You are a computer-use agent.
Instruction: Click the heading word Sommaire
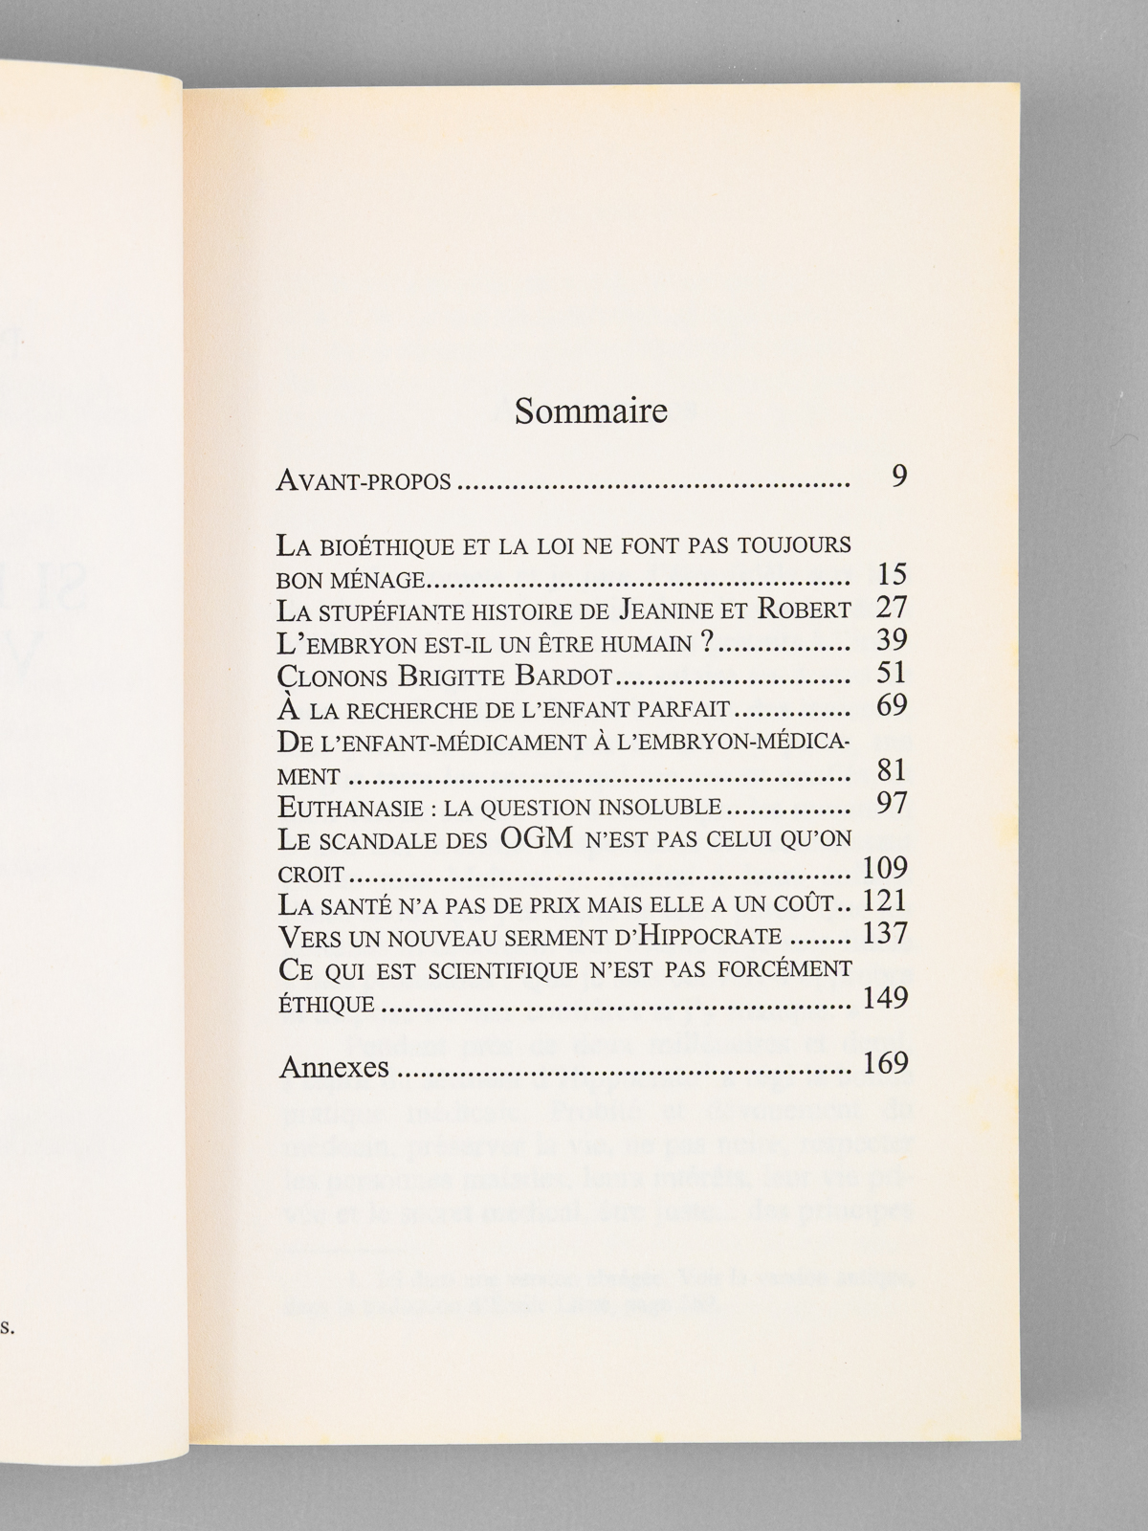click(590, 410)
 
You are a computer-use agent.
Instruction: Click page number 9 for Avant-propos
click(898, 477)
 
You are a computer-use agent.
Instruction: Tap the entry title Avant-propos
click(364, 480)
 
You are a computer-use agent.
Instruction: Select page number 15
click(891, 575)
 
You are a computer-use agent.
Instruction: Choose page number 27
click(891, 608)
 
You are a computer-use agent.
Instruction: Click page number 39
click(891, 640)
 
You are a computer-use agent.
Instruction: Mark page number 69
click(891, 705)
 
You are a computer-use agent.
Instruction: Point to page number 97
click(891, 803)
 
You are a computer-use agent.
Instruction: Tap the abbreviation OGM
click(537, 838)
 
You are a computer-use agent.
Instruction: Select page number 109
click(884, 868)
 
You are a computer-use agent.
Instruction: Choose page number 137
click(884, 933)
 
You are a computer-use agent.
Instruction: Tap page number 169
click(884, 1063)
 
